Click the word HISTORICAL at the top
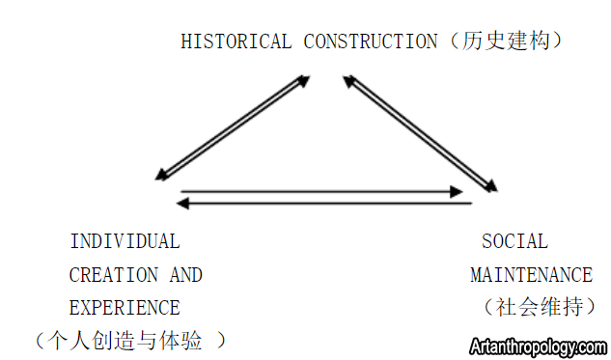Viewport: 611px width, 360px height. (236, 42)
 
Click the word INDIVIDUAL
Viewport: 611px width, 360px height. (125, 241)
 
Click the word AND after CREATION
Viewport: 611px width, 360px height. (186, 275)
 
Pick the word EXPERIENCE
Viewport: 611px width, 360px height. (125, 309)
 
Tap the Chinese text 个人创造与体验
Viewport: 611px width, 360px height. (131, 340)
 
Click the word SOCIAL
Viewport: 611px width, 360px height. (514, 241)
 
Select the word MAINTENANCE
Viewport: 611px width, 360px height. (531, 275)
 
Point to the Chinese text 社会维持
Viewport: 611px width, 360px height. (539, 308)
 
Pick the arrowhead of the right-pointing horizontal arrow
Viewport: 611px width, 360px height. (458, 192)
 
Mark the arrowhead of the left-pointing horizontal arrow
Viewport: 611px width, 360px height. (184, 203)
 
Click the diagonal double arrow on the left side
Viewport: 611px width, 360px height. (233, 128)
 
